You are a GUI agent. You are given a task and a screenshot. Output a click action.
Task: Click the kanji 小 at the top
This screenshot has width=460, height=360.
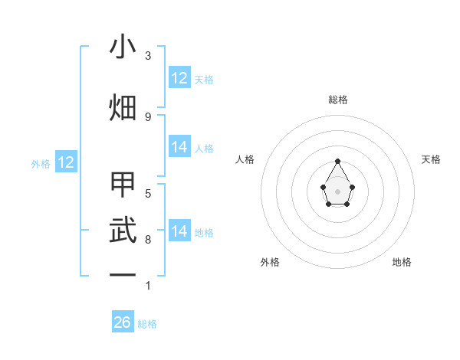point(123,47)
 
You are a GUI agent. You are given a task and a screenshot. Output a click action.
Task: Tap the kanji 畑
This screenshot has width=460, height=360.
point(123,107)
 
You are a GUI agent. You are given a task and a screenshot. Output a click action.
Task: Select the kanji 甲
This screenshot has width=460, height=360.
point(123,185)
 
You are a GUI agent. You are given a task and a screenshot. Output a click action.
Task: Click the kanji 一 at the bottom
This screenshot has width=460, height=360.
point(123,273)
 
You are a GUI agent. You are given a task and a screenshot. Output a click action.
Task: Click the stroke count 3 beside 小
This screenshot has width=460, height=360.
point(148,56)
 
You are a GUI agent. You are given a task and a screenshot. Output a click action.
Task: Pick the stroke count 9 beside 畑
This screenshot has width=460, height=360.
point(148,116)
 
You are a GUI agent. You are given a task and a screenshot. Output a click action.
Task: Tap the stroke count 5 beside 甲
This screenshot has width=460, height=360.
point(148,193)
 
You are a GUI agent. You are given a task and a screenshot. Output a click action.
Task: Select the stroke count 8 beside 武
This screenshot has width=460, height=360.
point(148,240)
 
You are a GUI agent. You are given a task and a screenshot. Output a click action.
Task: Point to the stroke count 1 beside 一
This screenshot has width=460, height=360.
point(148,286)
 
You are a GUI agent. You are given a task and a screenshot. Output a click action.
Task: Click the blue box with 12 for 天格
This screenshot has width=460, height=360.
point(179,78)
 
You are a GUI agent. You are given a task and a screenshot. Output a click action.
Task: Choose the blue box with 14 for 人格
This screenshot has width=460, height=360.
point(179,147)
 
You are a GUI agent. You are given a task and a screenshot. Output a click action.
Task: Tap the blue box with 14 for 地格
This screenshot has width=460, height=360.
point(179,231)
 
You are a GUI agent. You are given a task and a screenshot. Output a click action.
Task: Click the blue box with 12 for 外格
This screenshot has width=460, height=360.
point(66,162)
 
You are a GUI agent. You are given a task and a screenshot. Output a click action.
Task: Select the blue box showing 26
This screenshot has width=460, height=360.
point(123,322)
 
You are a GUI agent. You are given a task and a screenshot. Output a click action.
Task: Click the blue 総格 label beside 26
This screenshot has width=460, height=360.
point(147,324)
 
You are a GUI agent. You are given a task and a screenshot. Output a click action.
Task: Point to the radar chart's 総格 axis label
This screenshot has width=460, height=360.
point(338,100)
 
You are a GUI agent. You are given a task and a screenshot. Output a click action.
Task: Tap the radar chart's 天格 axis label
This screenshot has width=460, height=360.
point(431,159)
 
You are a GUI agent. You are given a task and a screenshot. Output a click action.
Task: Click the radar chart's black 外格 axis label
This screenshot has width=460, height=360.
point(270,262)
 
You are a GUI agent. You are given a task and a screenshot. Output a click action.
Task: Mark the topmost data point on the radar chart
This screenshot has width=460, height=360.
point(337,161)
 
